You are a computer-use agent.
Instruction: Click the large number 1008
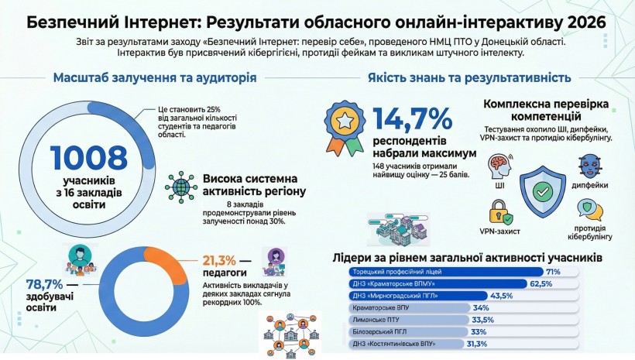click(90, 158)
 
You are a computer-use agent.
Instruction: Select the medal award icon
click(344, 125)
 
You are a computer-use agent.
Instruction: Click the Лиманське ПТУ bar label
click(374, 320)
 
